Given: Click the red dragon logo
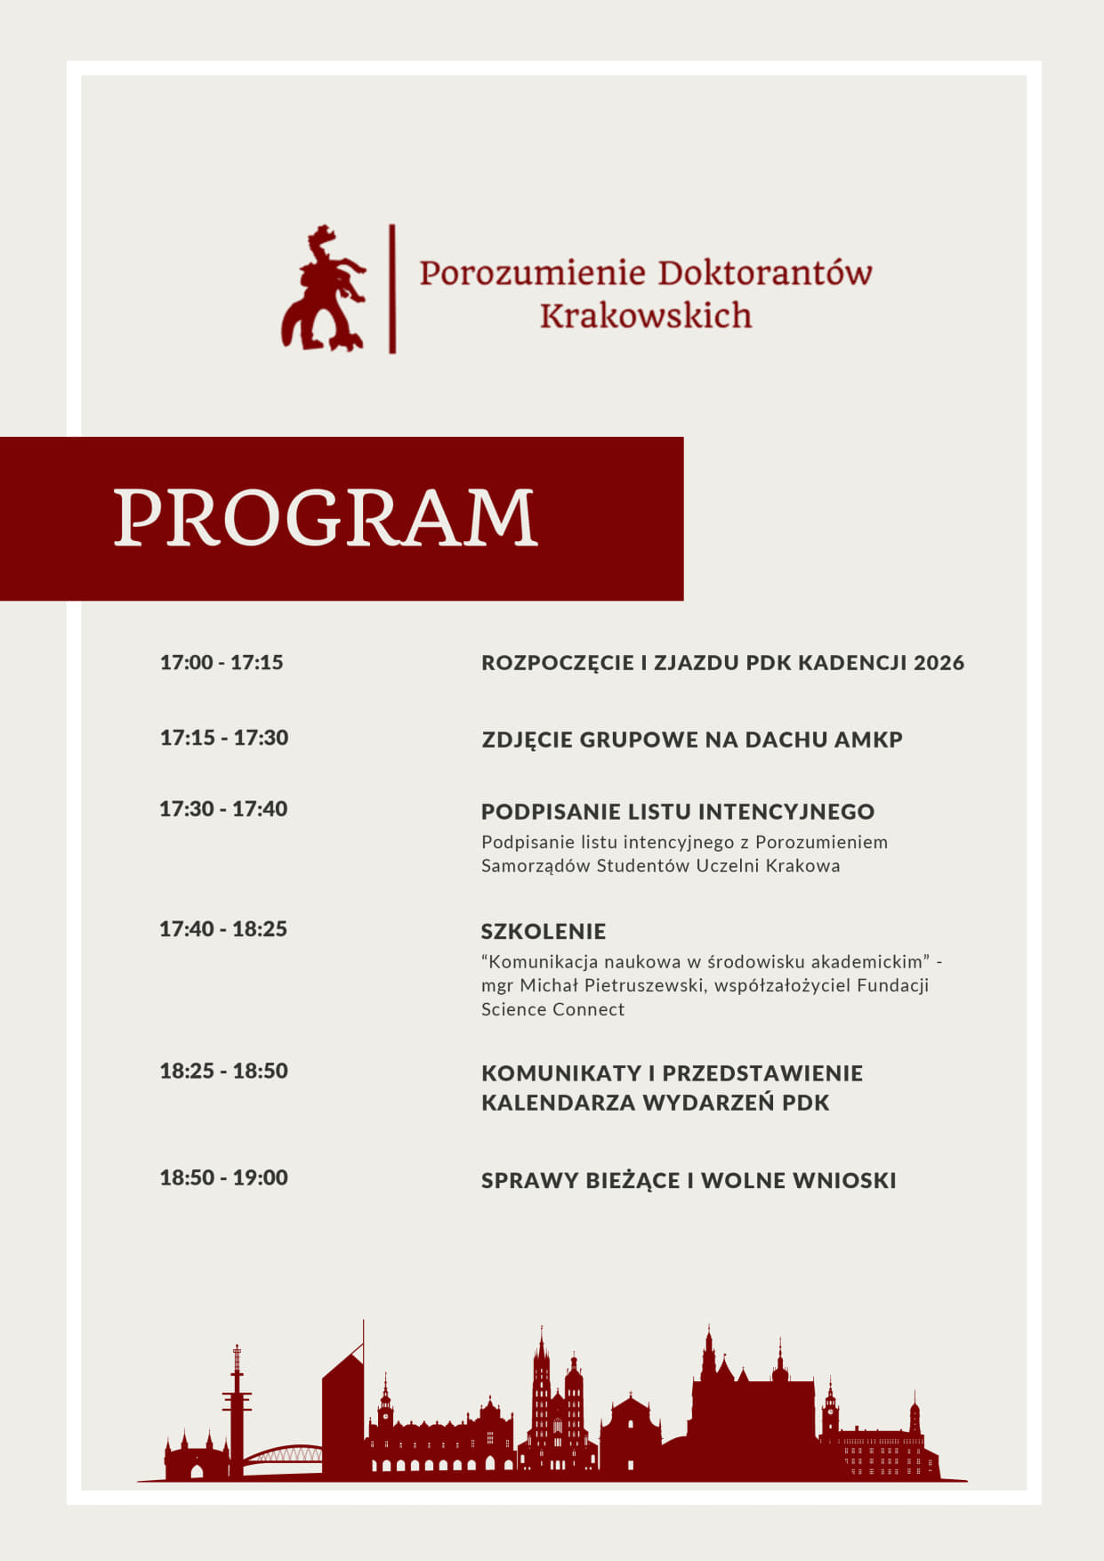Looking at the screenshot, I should coord(322,289).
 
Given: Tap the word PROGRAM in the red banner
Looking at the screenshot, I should coord(326,517).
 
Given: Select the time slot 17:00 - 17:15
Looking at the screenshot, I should coord(222,662).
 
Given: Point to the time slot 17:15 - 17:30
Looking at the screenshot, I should coord(224,738).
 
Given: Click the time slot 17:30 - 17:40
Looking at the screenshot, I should coord(223,809).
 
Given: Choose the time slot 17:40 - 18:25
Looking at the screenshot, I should coord(223,929).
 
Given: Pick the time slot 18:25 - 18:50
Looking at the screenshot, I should coord(224,1071).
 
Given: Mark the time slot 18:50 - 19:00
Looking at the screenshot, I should coord(224,1177).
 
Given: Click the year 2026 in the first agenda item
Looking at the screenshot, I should coord(939,663).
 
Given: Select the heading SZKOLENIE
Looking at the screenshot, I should coord(544,932).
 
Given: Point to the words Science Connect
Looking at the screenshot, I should coord(552,1009).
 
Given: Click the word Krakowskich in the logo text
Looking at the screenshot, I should coord(646,316).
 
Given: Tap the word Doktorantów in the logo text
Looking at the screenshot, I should coord(765,272).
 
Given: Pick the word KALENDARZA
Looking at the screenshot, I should coord(558,1103).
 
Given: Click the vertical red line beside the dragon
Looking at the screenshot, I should coord(392,289).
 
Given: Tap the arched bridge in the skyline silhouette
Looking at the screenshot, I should coord(283,1455).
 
